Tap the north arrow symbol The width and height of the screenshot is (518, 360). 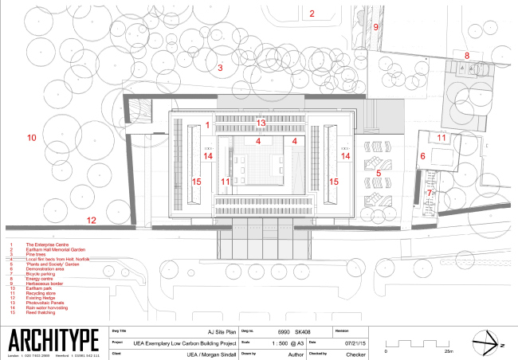click(487, 343)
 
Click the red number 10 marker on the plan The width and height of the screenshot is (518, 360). click(32, 138)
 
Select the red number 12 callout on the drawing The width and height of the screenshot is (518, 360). click(92, 220)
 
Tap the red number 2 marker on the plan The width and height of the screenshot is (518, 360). click(312, 13)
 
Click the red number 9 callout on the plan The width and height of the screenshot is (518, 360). click(377, 26)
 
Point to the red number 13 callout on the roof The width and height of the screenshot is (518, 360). click(261, 122)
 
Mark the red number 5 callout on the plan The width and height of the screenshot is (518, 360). click(379, 172)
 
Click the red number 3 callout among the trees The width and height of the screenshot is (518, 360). click(220, 68)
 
